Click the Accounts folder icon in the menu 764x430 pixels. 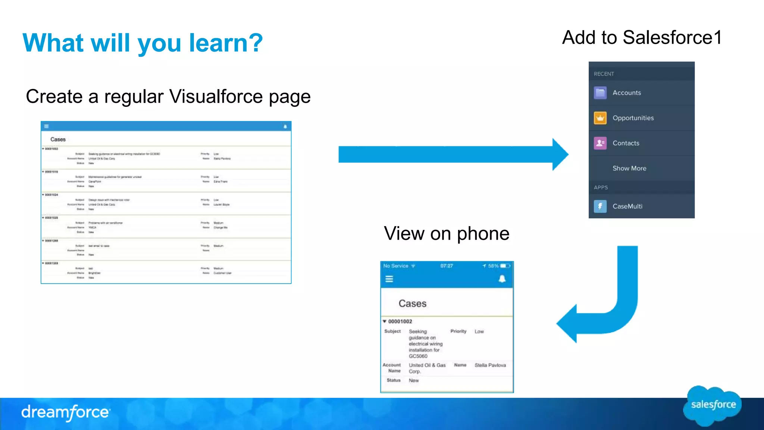pyautogui.click(x=600, y=93)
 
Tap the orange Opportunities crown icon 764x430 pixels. pyautogui.click(x=600, y=118)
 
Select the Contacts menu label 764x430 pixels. pyautogui.click(x=626, y=143)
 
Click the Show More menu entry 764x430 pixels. pyautogui.click(x=629, y=168)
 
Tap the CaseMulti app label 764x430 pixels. pyautogui.click(x=627, y=206)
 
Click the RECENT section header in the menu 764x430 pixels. pyautogui.click(x=604, y=74)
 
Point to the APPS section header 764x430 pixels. pyautogui.click(x=601, y=187)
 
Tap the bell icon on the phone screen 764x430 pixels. pyautogui.click(x=502, y=279)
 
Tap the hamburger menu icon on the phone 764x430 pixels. pyautogui.click(x=389, y=279)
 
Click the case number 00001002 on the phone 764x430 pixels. pyautogui.click(x=400, y=321)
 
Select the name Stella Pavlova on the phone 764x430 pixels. pyautogui.click(x=490, y=365)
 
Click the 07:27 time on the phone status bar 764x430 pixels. pyautogui.click(x=446, y=266)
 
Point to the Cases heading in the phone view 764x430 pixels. pyautogui.click(x=412, y=303)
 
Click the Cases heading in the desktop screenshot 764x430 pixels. pyautogui.click(x=58, y=139)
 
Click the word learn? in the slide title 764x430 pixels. pyautogui.click(x=226, y=43)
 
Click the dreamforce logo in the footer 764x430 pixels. pyautogui.click(x=66, y=412)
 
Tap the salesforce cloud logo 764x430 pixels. pyautogui.click(x=713, y=405)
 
